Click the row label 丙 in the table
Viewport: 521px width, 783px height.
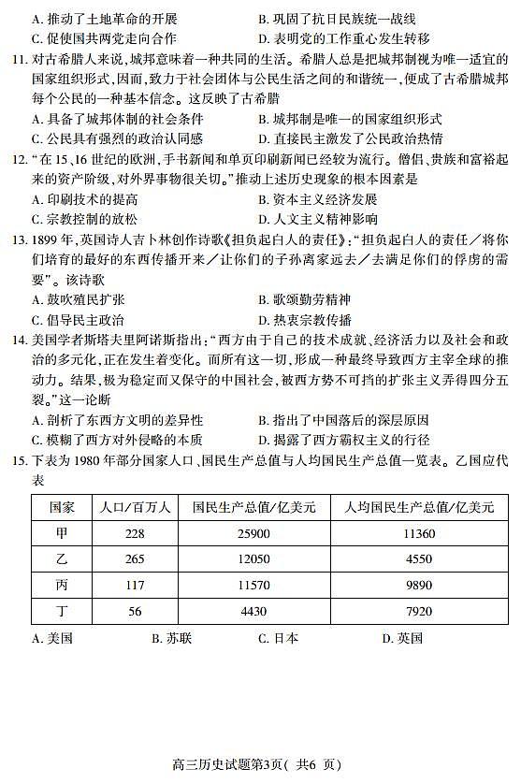[x=62, y=586]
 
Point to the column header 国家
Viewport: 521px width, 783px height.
[x=62, y=507]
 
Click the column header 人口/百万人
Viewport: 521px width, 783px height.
[x=135, y=507]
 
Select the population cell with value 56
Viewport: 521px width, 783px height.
[x=135, y=612]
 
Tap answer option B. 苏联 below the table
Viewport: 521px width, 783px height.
[x=171, y=639]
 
